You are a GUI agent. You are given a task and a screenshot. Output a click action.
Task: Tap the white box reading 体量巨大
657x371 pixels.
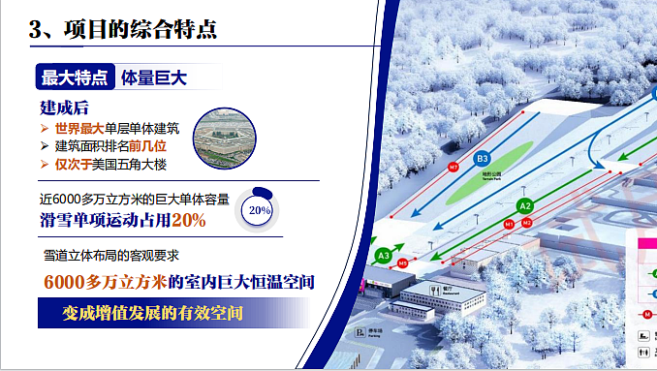click(x=154, y=77)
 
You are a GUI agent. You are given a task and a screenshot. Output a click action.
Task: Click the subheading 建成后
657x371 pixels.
click(x=64, y=107)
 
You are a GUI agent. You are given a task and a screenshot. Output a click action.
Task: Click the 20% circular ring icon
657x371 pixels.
click(x=259, y=208)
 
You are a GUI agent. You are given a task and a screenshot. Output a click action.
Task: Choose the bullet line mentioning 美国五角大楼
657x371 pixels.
click(x=117, y=165)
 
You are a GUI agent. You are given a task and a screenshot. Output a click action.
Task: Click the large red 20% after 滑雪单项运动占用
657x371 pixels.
click(x=188, y=221)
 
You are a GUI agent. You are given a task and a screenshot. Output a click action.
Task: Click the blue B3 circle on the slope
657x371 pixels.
click(x=483, y=158)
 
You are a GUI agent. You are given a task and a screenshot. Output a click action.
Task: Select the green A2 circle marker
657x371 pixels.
click(x=525, y=205)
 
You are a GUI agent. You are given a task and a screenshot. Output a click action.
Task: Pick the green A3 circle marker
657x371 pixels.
click(x=384, y=256)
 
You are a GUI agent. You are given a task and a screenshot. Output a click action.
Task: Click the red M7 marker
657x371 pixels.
click(x=453, y=168)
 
